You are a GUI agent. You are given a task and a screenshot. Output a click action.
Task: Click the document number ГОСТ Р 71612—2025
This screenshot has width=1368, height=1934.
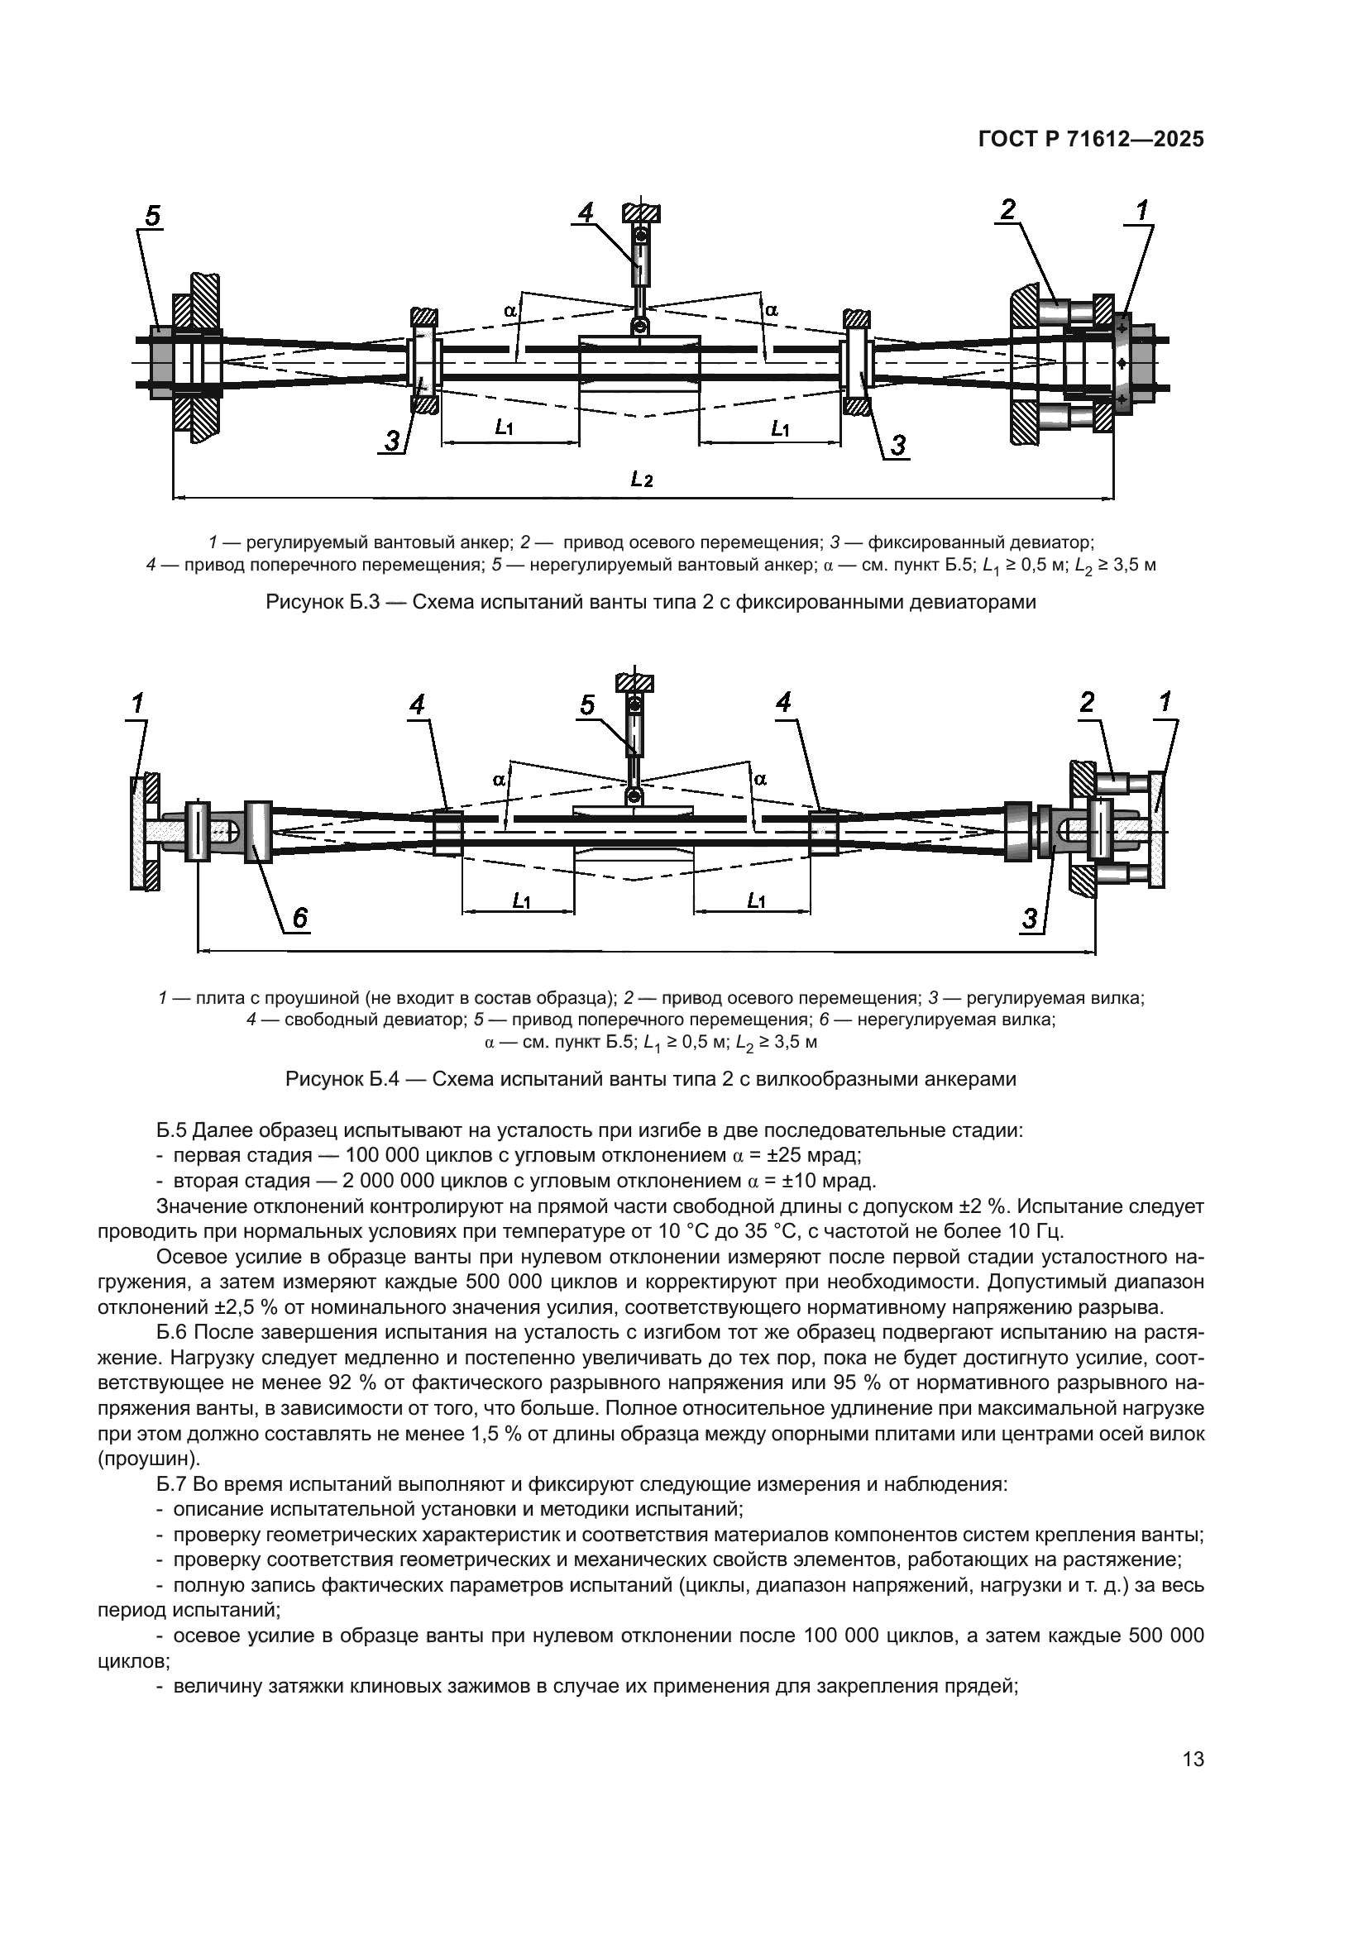coord(1090,140)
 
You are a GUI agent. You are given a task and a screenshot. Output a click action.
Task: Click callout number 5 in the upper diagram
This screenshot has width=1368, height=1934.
coord(151,217)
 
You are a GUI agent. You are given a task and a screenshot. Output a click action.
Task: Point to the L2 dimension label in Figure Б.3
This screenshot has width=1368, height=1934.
coord(642,480)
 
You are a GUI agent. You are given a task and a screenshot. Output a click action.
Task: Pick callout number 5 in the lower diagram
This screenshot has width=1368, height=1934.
coord(587,705)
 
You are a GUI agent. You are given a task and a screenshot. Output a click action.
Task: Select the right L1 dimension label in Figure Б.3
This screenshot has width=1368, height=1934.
coord(780,428)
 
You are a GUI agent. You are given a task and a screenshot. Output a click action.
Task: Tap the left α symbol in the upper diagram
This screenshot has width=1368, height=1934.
coord(509,310)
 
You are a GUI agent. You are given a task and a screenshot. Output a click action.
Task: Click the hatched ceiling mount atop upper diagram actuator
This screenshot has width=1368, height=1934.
coord(642,212)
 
